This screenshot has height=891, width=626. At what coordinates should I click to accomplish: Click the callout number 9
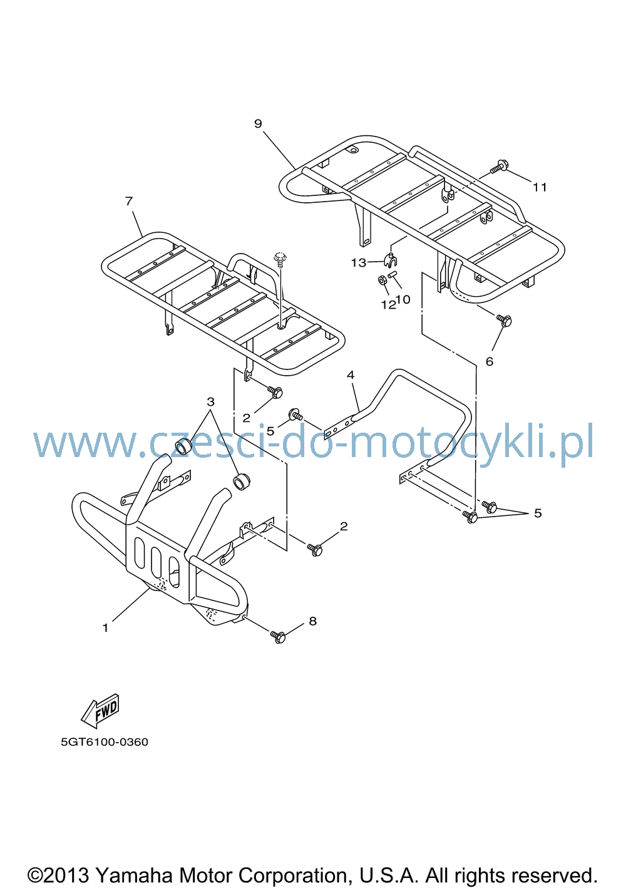pyautogui.click(x=258, y=124)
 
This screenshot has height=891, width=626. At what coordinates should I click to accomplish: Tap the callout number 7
pyautogui.click(x=128, y=201)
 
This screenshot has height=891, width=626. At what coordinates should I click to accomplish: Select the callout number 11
pyautogui.click(x=540, y=187)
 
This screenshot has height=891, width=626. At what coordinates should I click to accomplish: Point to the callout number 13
pyautogui.click(x=358, y=263)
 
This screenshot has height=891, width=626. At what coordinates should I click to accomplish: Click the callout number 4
pyautogui.click(x=351, y=374)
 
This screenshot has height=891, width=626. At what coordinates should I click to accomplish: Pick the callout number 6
pyautogui.click(x=489, y=361)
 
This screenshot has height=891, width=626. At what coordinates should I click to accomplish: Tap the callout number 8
pyautogui.click(x=312, y=621)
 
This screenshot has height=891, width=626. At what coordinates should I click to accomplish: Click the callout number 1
pyautogui.click(x=105, y=628)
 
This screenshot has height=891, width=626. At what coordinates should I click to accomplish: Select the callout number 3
pyautogui.click(x=210, y=401)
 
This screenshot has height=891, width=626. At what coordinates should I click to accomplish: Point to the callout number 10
pyautogui.click(x=403, y=299)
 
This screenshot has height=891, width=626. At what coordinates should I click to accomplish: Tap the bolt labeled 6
pyautogui.click(x=504, y=320)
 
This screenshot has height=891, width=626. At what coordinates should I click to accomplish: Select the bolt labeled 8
pyautogui.click(x=278, y=636)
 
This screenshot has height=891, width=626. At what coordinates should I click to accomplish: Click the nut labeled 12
pyautogui.click(x=382, y=281)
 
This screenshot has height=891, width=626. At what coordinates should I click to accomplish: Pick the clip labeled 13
pyautogui.click(x=391, y=260)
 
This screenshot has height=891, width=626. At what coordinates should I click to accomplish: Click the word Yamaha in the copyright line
pyautogui.click(x=135, y=875)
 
